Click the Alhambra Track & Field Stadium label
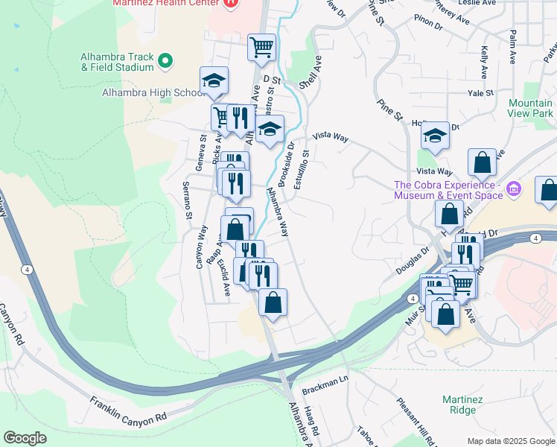pyautogui.click(x=118, y=62)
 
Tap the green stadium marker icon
pyautogui.click(x=166, y=60)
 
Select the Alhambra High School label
pyautogui.click(x=153, y=93)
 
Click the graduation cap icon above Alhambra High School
pyautogui.click(x=214, y=80)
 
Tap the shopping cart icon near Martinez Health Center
pyautogui.click(x=261, y=48)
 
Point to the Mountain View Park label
pyautogui.click(x=531, y=108)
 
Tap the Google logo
pyautogui.click(x=25, y=438)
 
